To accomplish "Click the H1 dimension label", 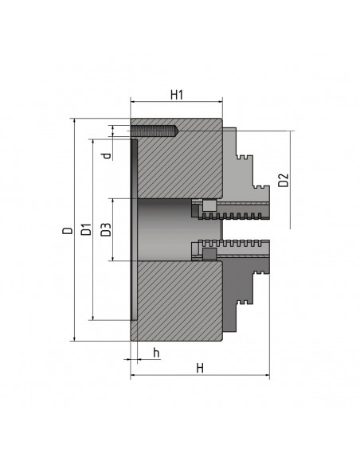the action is point(177,95).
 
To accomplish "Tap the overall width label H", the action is point(200,369).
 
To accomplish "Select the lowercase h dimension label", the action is point(156,353).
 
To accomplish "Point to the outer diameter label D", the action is point(68,230).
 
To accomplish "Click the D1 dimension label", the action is point(86,229).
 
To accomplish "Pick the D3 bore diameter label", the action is point(106,229).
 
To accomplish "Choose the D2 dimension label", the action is point(284,180).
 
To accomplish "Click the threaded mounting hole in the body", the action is point(155,131).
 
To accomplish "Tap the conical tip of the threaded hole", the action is point(175,131).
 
